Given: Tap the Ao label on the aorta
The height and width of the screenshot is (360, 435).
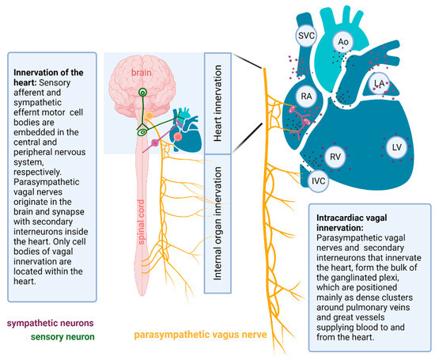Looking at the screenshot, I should point(345,42).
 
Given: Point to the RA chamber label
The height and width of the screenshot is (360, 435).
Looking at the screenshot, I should point(308,97).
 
